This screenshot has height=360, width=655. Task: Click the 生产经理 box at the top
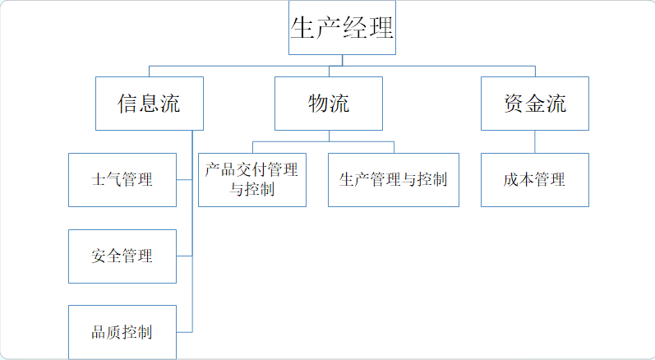(342, 29)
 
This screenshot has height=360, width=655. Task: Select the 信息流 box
(149, 104)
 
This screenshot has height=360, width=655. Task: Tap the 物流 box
(328, 104)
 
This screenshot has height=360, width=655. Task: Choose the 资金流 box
(535, 104)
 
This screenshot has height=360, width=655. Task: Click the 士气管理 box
(122, 179)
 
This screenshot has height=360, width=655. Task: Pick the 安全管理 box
(122, 256)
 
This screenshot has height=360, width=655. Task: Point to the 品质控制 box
(122, 332)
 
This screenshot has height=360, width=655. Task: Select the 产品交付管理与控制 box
(252, 179)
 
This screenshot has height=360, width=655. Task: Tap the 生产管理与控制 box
(393, 179)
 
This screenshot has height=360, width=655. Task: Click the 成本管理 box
(535, 179)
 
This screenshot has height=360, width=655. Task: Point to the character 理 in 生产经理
(381, 29)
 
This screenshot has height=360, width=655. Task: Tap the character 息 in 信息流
(149, 104)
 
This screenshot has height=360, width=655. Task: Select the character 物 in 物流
(318, 104)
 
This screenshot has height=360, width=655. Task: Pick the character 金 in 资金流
(535, 104)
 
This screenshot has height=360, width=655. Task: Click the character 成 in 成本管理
(512, 180)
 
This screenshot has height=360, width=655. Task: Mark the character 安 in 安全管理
(99, 256)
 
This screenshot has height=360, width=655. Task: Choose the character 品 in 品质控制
(99, 333)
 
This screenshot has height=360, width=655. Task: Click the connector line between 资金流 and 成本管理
(535, 141)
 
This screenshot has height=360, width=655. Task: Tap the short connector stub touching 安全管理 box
(184, 256)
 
